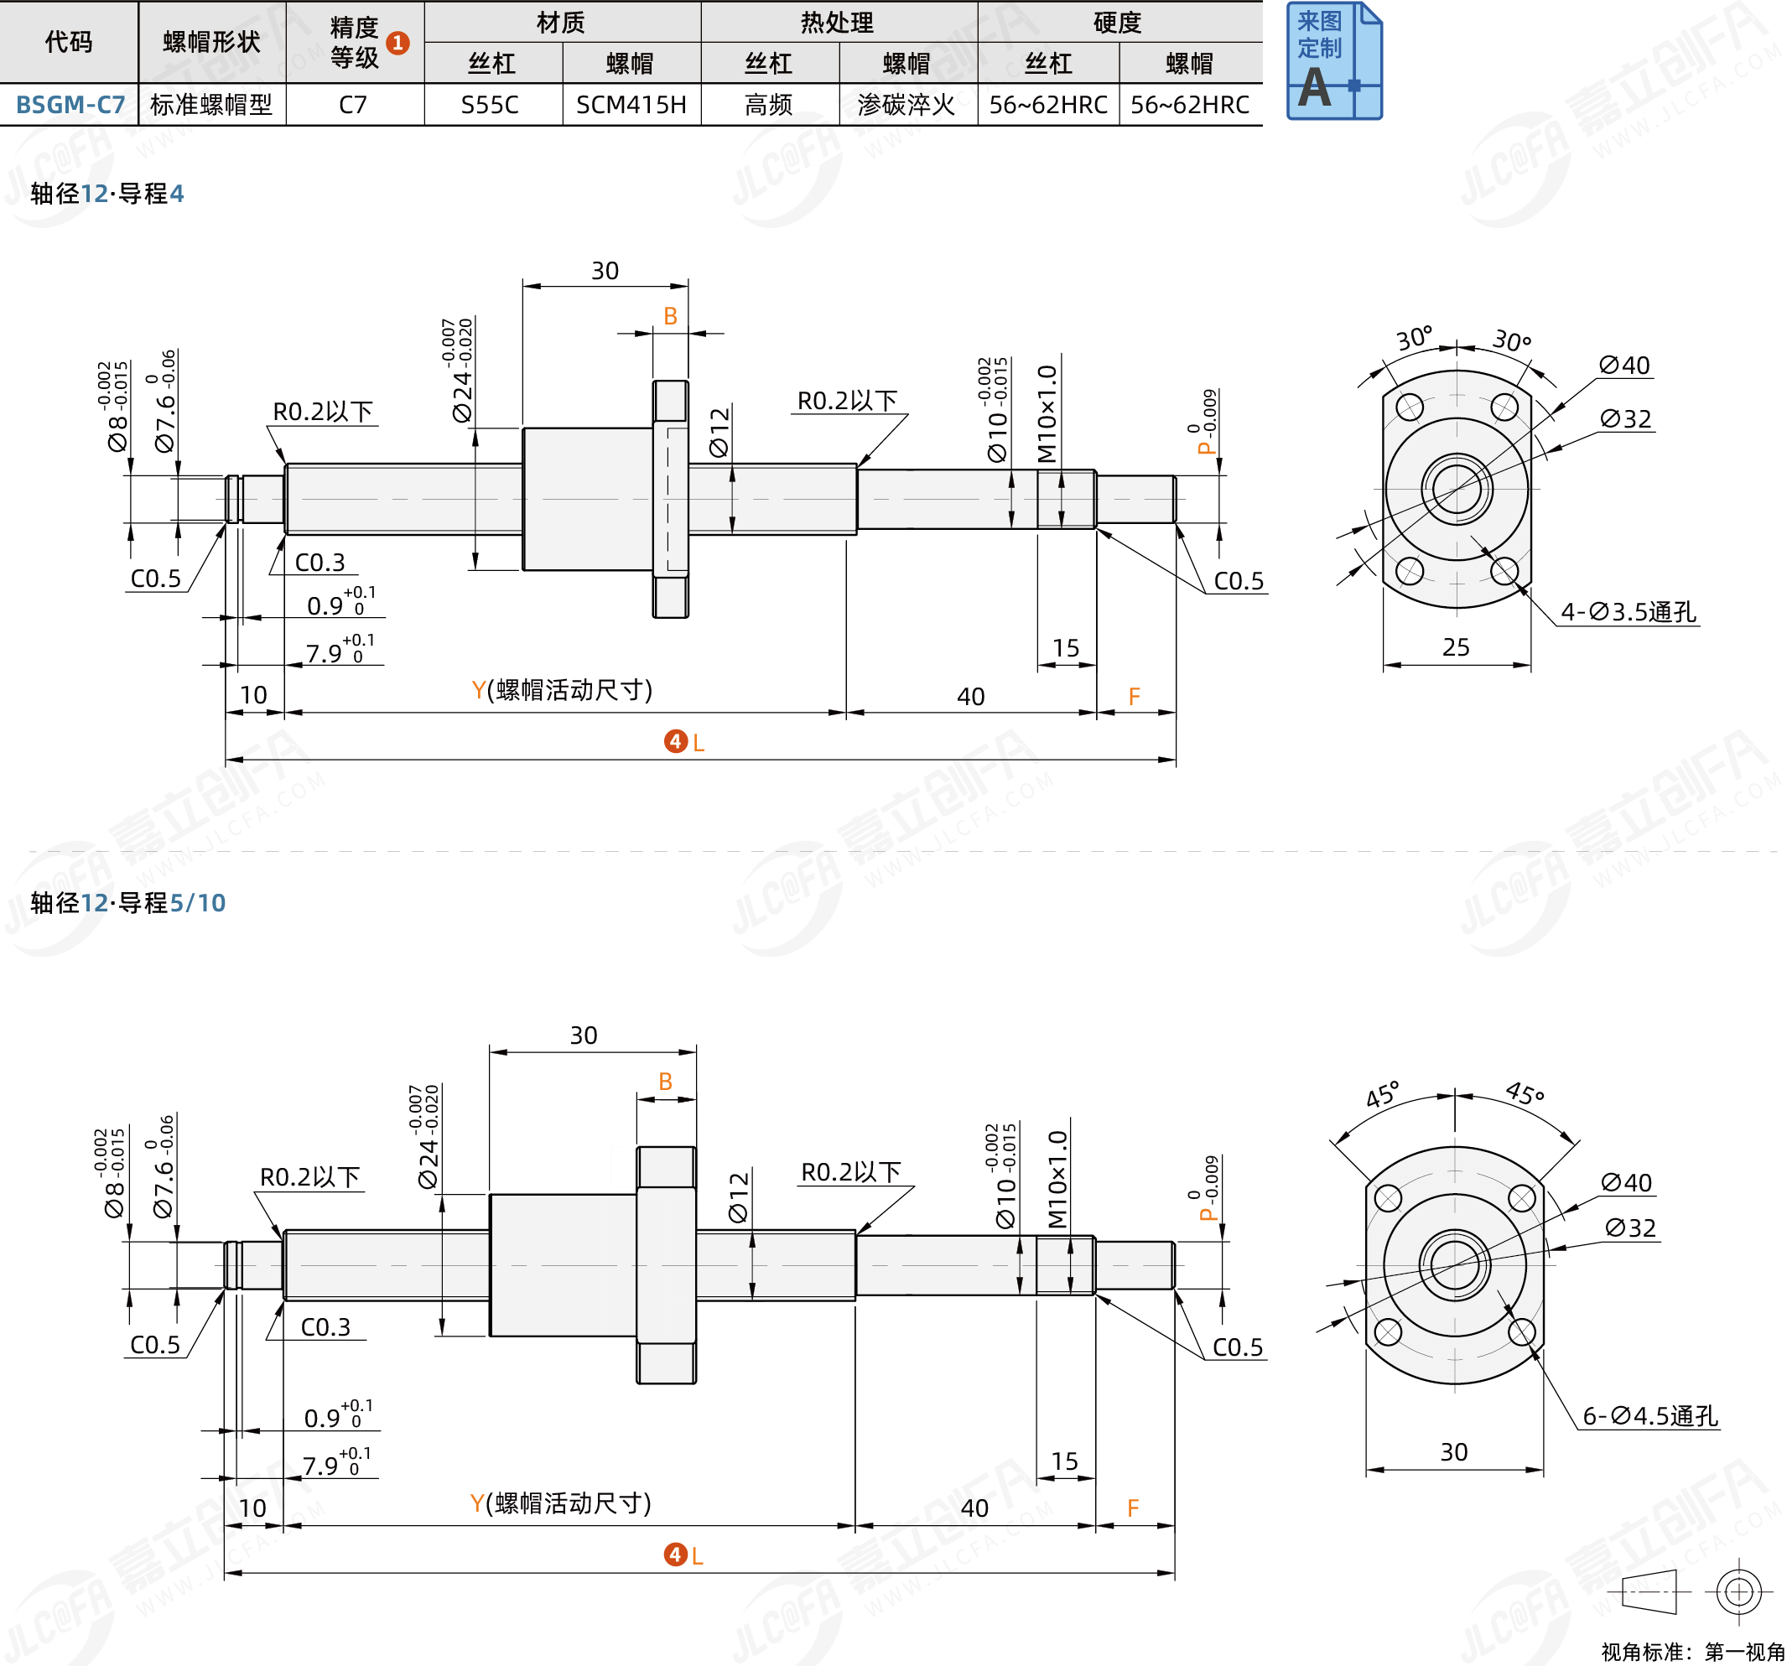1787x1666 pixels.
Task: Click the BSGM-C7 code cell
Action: (x=70, y=105)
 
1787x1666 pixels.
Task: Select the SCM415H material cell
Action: (x=631, y=105)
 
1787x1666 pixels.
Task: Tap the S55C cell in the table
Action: (x=490, y=105)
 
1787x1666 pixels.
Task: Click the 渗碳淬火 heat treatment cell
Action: (x=906, y=105)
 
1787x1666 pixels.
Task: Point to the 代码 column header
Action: (x=68, y=42)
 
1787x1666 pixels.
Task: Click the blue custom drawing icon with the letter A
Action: (x=1333, y=61)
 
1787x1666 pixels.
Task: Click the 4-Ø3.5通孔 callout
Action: (x=1627, y=613)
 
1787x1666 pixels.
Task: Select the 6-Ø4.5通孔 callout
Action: (x=1649, y=1416)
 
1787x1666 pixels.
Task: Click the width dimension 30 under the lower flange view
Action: (x=1453, y=1452)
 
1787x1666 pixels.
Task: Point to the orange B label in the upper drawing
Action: (x=670, y=316)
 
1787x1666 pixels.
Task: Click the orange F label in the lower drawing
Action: (x=1133, y=1508)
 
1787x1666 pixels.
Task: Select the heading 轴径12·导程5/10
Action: (x=127, y=903)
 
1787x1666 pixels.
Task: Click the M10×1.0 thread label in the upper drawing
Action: (x=1047, y=413)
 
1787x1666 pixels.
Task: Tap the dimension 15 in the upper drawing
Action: (x=1065, y=648)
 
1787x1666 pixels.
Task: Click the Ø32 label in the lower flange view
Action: (x=1629, y=1227)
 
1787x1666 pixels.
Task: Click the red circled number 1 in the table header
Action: (x=397, y=42)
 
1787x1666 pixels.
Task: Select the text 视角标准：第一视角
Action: (x=1692, y=1652)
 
